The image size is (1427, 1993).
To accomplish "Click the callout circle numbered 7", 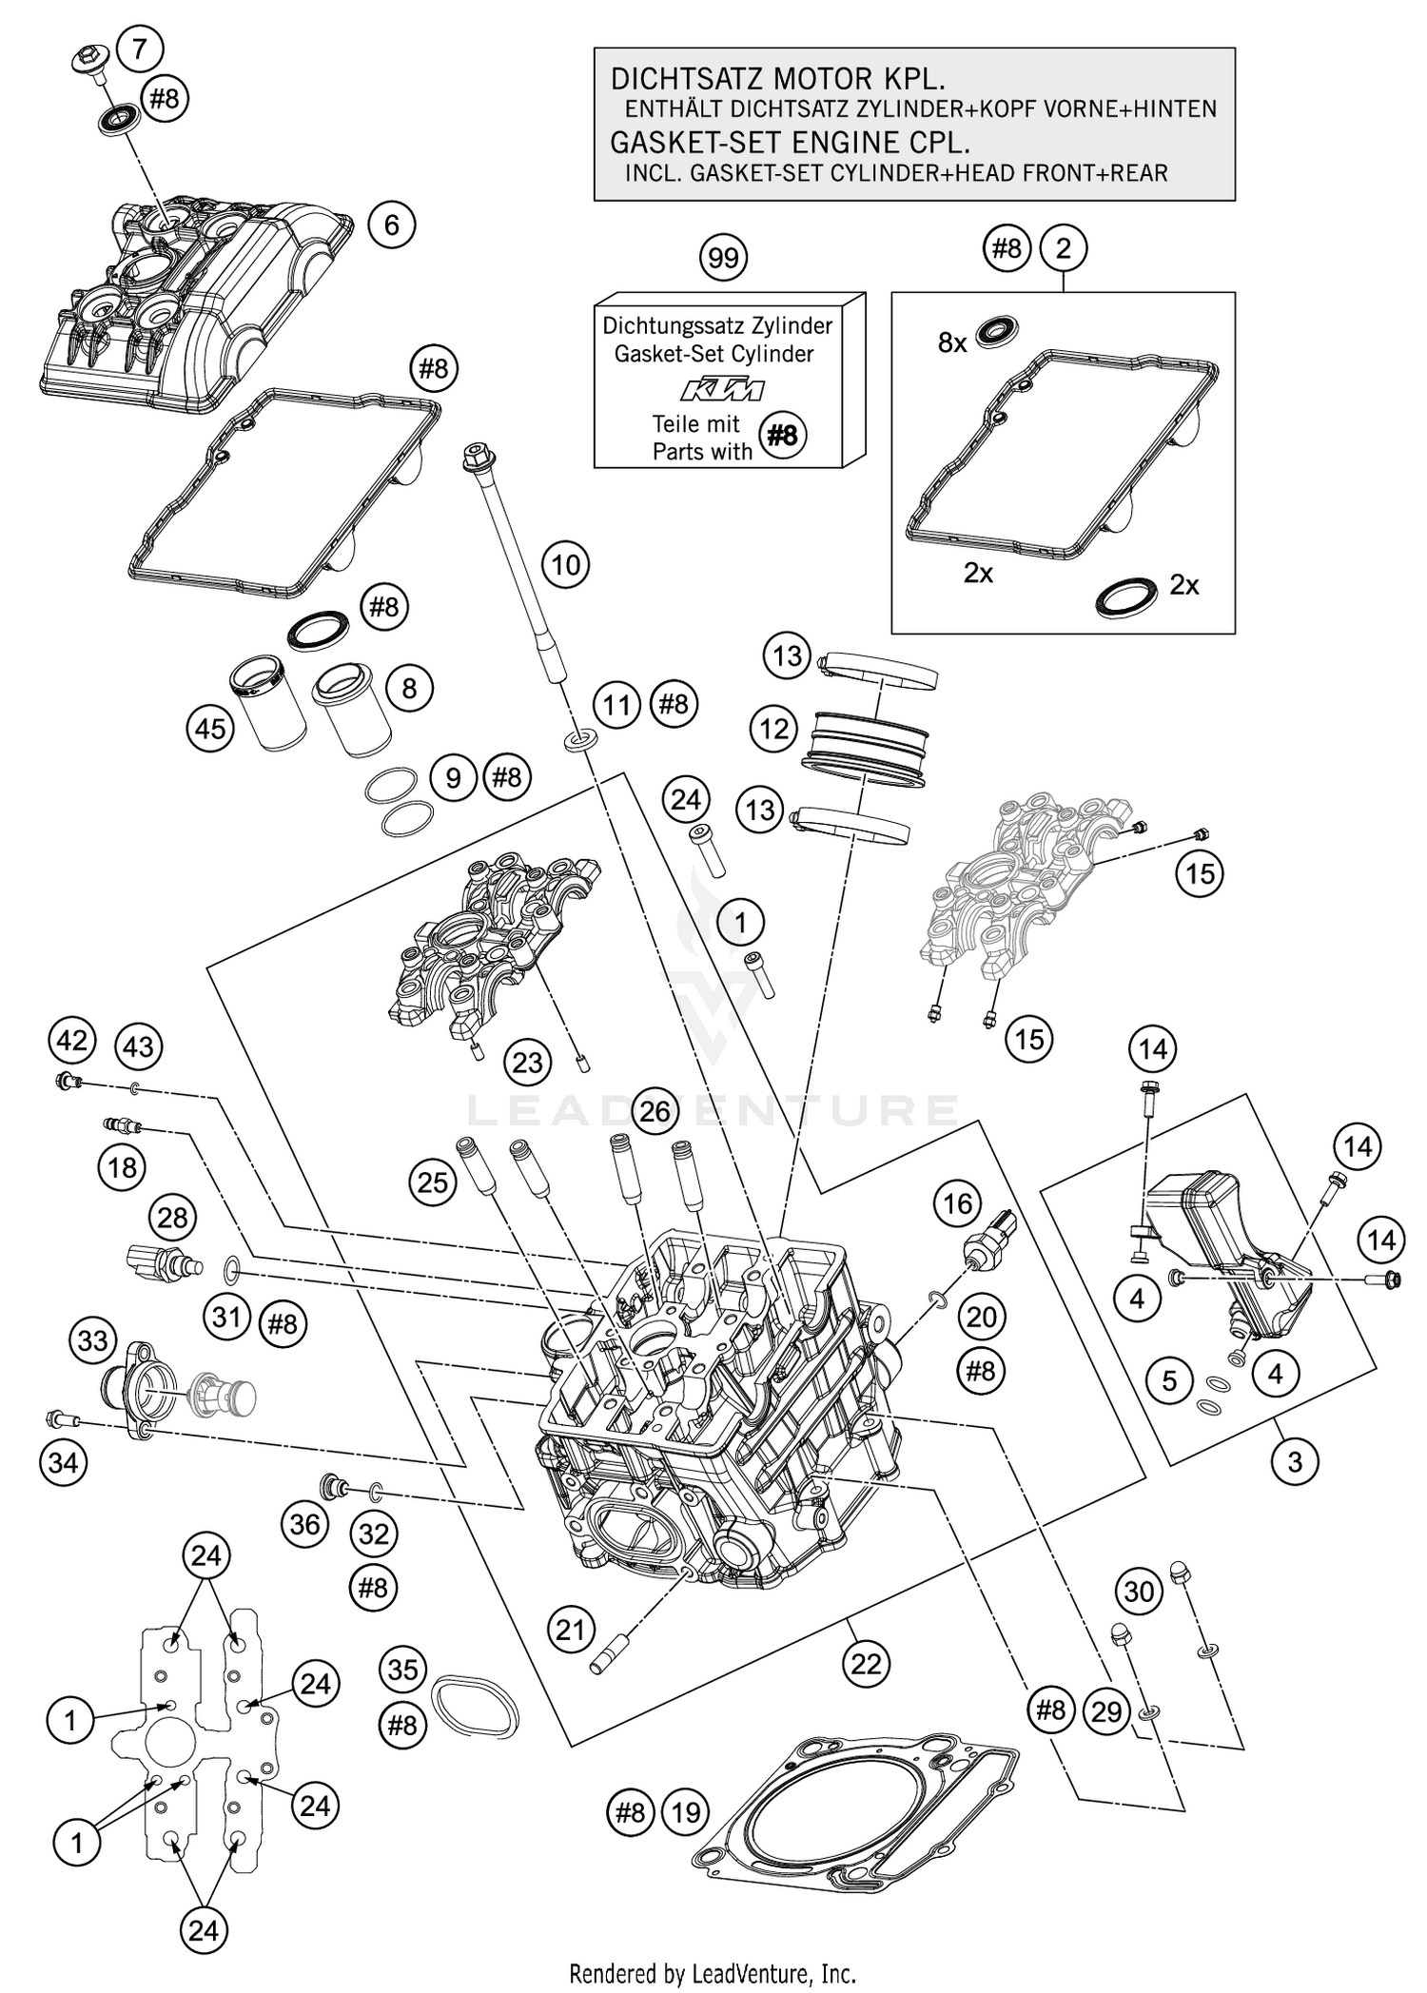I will click(x=140, y=48).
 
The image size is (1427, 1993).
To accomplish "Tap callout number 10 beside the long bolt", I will click(x=565, y=565).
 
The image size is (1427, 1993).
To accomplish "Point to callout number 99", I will click(x=723, y=258).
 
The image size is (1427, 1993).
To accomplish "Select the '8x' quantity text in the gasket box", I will click(x=951, y=342).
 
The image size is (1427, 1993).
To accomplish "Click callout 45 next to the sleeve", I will click(x=210, y=728).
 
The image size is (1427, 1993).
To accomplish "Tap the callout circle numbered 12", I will click(x=774, y=729).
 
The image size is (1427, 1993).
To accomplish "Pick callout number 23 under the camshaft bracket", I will click(x=527, y=1063).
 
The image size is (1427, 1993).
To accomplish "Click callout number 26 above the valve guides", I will click(x=655, y=1111).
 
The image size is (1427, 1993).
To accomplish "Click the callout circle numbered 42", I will click(x=71, y=1040).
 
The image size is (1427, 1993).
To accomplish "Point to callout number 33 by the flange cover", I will click(x=92, y=1341).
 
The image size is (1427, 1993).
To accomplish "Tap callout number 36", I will click(x=305, y=1524).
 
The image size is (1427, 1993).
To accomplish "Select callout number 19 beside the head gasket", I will click(x=685, y=1812).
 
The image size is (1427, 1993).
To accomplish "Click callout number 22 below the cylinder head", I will click(x=866, y=1664).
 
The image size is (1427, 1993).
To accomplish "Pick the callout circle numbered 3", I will click(x=1295, y=1460).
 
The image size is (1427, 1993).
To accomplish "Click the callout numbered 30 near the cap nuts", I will click(x=1139, y=1591).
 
